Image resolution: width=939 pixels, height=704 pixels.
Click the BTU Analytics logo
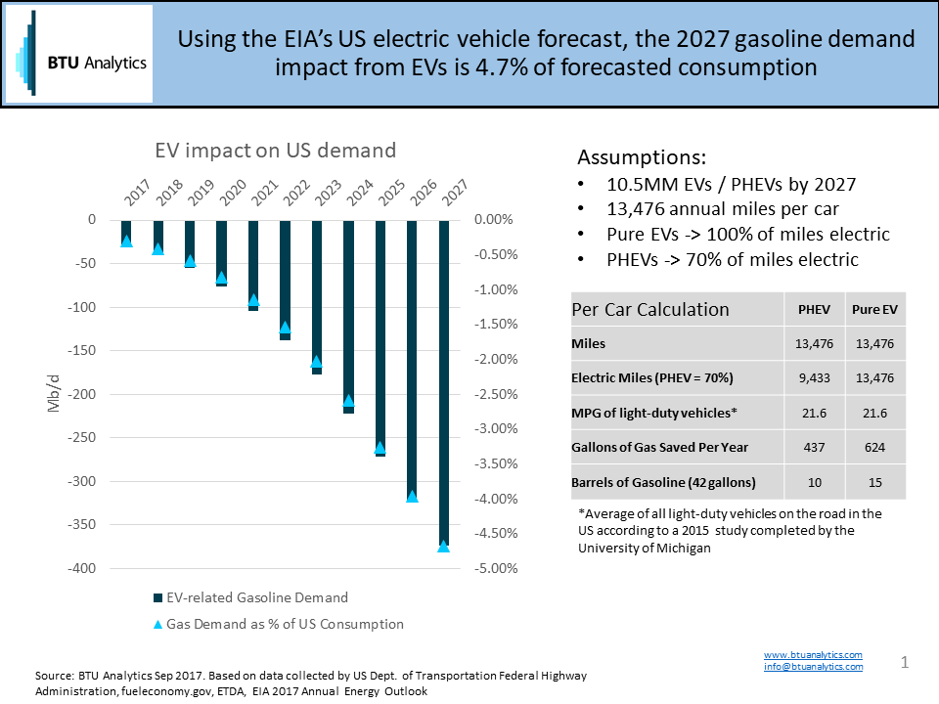point(79,54)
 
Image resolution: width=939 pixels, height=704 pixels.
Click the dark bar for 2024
point(348,313)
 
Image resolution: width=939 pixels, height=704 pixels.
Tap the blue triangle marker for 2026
point(412,496)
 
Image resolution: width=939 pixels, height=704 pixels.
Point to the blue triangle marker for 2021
point(253,300)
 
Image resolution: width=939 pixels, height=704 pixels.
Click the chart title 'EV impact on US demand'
point(275,151)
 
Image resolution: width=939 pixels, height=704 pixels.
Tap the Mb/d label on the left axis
point(54,393)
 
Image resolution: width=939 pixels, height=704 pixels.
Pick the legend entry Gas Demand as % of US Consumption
point(278,624)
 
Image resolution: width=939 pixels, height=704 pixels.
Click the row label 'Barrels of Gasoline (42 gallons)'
point(663,482)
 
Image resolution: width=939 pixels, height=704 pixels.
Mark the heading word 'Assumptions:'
point(642,158)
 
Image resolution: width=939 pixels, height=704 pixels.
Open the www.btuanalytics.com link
point(813,654)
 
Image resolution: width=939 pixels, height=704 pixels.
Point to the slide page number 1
point(905,663)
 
